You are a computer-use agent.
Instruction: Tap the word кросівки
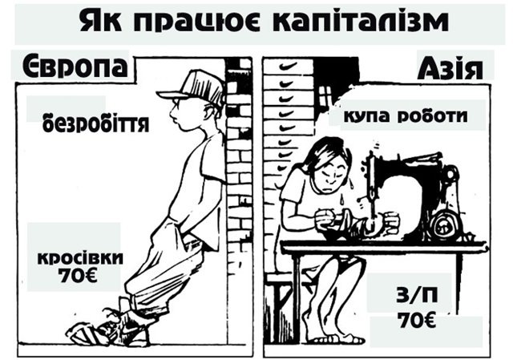[x=80, y=257]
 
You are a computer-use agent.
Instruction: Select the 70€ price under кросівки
[x=78, y=276]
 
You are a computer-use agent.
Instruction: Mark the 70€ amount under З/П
[x=417, y=321]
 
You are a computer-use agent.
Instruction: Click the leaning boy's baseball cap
[x=193, y=87]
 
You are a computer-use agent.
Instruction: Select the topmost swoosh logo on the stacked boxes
[x=289, y=66]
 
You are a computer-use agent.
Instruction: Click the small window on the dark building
[x=325, y=95]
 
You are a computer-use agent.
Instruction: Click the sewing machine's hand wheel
[x=444, y=225]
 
